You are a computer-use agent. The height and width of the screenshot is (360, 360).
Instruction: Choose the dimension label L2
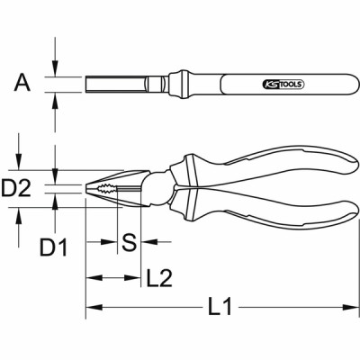[x=159, y=278]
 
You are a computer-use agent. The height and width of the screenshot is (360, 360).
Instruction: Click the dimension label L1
[x=215, y=309]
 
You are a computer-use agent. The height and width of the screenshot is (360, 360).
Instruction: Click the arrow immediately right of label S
[x=148, y=241]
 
